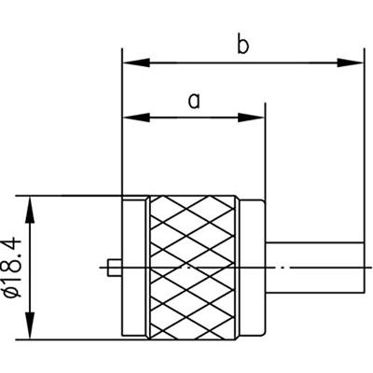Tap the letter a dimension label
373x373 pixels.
194,101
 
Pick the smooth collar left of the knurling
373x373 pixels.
136,268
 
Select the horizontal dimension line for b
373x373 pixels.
243,63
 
